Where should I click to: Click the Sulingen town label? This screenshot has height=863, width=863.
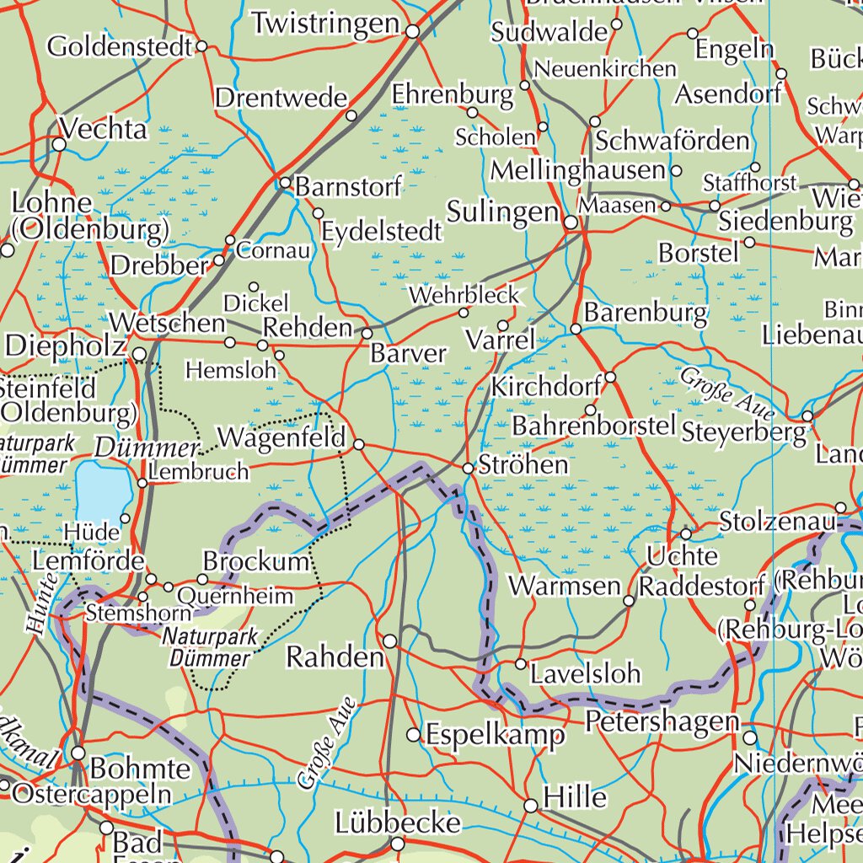502,212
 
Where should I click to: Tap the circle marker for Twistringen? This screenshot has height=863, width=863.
413,32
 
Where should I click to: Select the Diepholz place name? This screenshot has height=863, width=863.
66,346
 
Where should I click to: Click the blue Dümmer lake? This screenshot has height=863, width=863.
102,490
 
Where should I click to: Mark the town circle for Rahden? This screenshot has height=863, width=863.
390,642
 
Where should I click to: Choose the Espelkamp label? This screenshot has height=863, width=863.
496,736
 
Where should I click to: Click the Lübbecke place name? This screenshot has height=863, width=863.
398,823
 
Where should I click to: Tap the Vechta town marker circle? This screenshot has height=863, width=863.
59,145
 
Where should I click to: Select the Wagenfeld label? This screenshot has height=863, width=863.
281,438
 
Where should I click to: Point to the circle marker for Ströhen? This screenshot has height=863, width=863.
469,468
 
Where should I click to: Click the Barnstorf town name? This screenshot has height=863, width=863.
348,186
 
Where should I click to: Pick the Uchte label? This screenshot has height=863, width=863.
683,556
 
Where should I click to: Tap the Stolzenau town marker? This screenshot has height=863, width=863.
840,508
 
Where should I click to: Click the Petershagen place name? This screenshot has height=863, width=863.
662,721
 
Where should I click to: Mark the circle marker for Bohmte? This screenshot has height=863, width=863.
78,753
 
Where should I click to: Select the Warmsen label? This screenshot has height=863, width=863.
565,586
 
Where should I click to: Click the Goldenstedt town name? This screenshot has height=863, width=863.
120,46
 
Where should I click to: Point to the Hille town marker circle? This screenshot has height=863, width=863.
531,807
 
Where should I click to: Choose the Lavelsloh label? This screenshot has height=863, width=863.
586,673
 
